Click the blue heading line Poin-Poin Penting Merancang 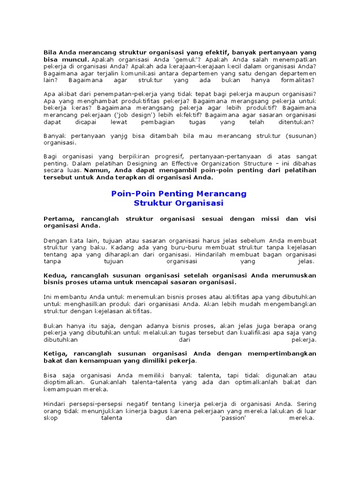coord(179,194)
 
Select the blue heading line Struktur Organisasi coord(179,203)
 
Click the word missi coord(274,219)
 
